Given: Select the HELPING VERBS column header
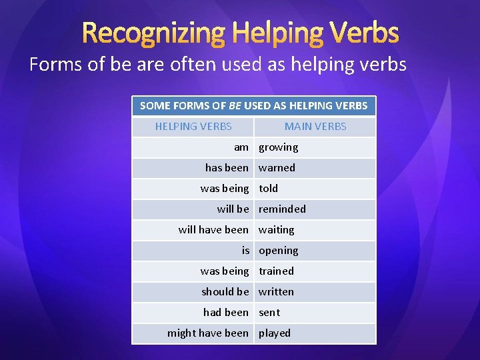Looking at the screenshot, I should tap(193, 126).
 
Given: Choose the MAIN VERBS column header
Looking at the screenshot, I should tap(315, 126).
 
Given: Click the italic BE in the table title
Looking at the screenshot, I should tap(234, 105).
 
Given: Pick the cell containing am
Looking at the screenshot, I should tap(241, 147).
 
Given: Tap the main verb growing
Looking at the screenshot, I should tap(278, 147).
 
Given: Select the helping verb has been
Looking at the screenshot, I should tap(227, 167).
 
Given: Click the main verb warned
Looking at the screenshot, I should tap(277, 167).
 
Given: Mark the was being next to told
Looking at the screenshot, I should tap(224, 188).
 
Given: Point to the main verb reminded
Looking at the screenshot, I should tap(282, 209).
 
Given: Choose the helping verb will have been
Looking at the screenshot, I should tap(213, 229).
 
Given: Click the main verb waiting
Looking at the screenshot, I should tap(276, 229).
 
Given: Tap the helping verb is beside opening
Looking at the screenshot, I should tap(245, 250).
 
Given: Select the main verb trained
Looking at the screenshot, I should tap(276, 271).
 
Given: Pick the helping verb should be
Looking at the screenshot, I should tap(225, 291).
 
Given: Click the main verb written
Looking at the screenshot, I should tap(276, 291).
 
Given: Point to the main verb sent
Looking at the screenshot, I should tap(269, 312).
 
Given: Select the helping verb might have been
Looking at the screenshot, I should tap(207, 333).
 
